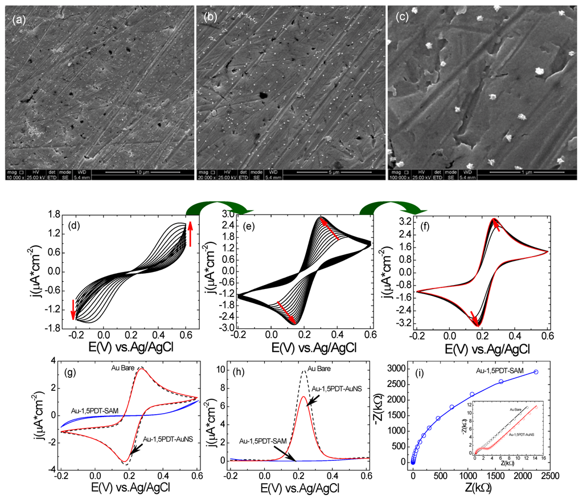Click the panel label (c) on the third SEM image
401,17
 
